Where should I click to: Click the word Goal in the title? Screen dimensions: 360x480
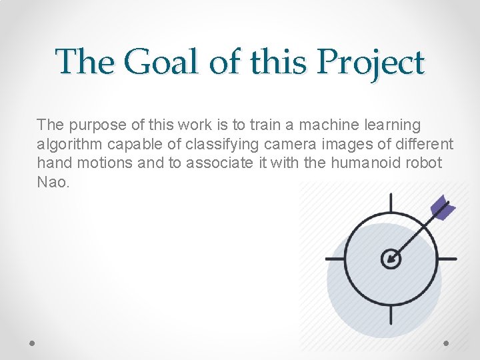click(x=160, y=63)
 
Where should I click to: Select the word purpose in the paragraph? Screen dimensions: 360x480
click(x=91, y=125)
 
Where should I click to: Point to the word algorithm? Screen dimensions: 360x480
click(x=67, y=144)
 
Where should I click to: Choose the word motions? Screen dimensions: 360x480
click(x=104, y=163)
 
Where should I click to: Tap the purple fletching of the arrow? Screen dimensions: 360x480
click(x=443, y=208)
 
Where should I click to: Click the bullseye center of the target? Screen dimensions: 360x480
click(x=391, y=259)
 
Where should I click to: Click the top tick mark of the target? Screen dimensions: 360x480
click(x=391, y=202)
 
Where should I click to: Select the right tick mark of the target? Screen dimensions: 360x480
click(x=448, y=259)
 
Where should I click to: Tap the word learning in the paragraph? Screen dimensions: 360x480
click(x=397, y=125)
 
